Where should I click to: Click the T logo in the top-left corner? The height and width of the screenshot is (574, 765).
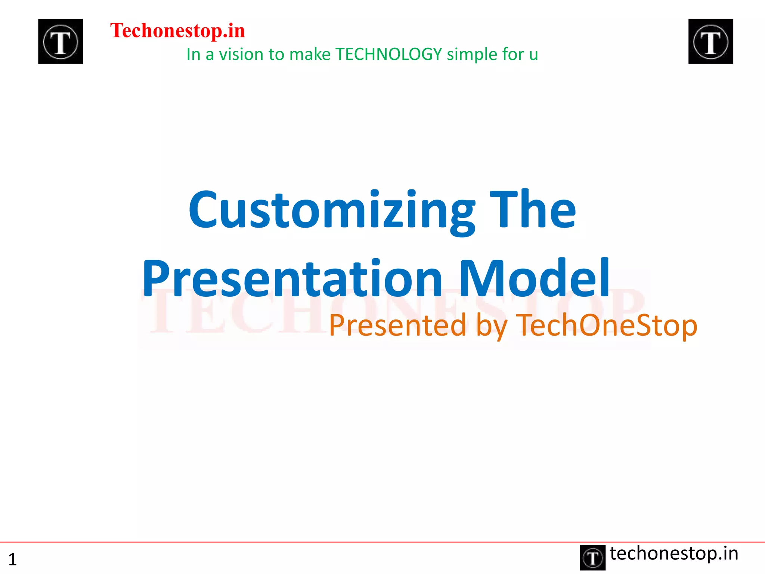61,41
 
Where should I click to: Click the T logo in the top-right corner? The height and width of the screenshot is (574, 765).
710,41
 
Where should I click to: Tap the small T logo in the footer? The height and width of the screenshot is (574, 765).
592,558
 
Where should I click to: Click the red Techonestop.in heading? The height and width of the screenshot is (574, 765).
177,31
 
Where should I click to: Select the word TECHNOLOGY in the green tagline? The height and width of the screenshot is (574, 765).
388,55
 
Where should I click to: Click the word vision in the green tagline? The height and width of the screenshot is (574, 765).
241,55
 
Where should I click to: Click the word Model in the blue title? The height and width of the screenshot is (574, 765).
534,278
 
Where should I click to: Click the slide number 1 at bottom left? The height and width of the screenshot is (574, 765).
12,559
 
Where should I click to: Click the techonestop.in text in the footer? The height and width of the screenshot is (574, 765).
674,553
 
